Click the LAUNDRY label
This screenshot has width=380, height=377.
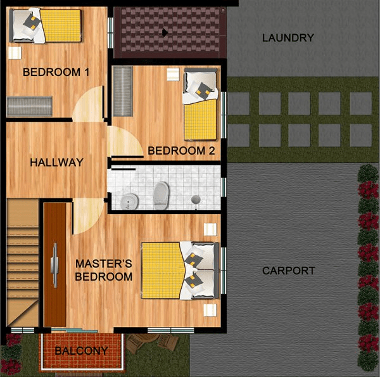[288, 38]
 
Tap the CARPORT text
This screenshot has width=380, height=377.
[288, 271]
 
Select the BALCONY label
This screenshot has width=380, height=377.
[82, 351]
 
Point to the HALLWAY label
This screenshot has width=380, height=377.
[57, 162]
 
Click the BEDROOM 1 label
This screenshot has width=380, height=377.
[56, 72]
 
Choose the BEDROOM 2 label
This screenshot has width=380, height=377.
[181, 151]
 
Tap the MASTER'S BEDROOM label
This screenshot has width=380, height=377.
[104, 270]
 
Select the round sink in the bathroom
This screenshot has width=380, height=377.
[129, 201]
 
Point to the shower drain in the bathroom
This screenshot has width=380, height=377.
[196, 200]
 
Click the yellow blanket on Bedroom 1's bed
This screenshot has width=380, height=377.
[61, 25]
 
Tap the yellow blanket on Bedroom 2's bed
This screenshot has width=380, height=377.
[200, 120]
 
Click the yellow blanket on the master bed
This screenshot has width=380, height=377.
[162, 271]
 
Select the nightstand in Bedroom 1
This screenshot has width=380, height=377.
[15, 53]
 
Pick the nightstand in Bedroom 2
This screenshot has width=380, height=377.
[173, 74]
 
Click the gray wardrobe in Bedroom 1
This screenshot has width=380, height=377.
[30, 106]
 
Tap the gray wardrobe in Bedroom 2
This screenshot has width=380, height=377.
[123, 91]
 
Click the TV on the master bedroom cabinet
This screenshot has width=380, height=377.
[54, 265]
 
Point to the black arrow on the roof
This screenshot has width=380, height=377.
[165, 33]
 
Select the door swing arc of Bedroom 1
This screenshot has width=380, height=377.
[88, 104]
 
